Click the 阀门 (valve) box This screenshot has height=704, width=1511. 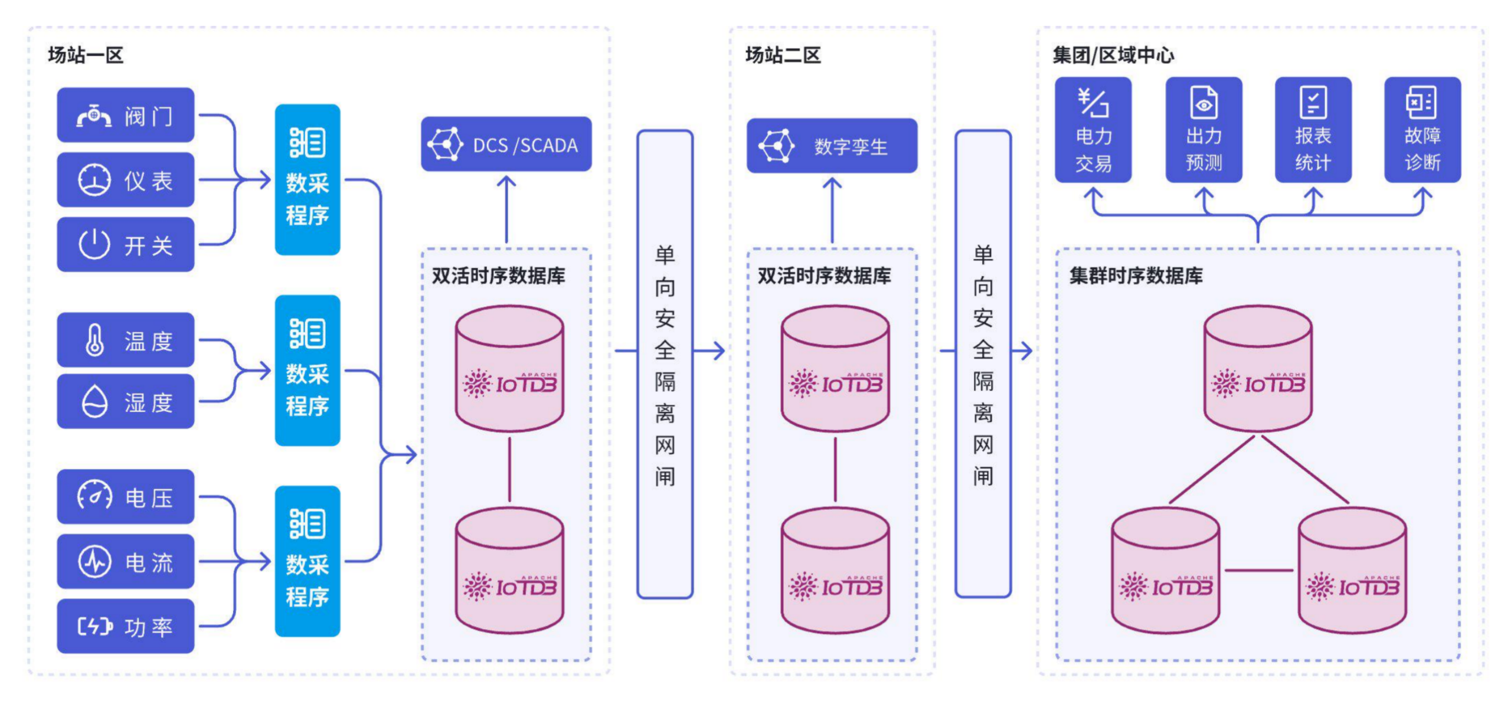pos(125,115)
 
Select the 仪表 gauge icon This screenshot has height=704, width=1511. pos(94,180)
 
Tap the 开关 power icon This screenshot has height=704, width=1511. pos(94,244)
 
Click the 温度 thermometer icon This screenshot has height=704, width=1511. pos(94,340)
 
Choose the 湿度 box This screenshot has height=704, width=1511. pos(125,401)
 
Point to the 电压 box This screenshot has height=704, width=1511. pos(125,497)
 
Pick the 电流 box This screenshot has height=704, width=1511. pos(125,561)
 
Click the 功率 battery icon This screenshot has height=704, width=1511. pos(94,626)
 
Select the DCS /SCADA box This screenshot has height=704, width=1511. pos(506,145)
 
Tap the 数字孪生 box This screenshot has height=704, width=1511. pos(831,146)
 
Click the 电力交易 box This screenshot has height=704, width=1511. pos(1093,130)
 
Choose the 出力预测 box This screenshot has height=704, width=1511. pos(1203,130)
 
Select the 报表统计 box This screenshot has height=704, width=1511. pos(1313,130)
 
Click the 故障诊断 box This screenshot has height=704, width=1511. pos(1422,130)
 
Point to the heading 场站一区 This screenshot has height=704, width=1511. pos(86,55)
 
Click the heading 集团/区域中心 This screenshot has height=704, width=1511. pos(1113,55)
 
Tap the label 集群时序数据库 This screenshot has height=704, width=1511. pos(1136,276)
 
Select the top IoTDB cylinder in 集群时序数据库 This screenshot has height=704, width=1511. pos(1258,369)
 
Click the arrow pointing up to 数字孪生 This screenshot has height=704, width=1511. pos(832,209)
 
